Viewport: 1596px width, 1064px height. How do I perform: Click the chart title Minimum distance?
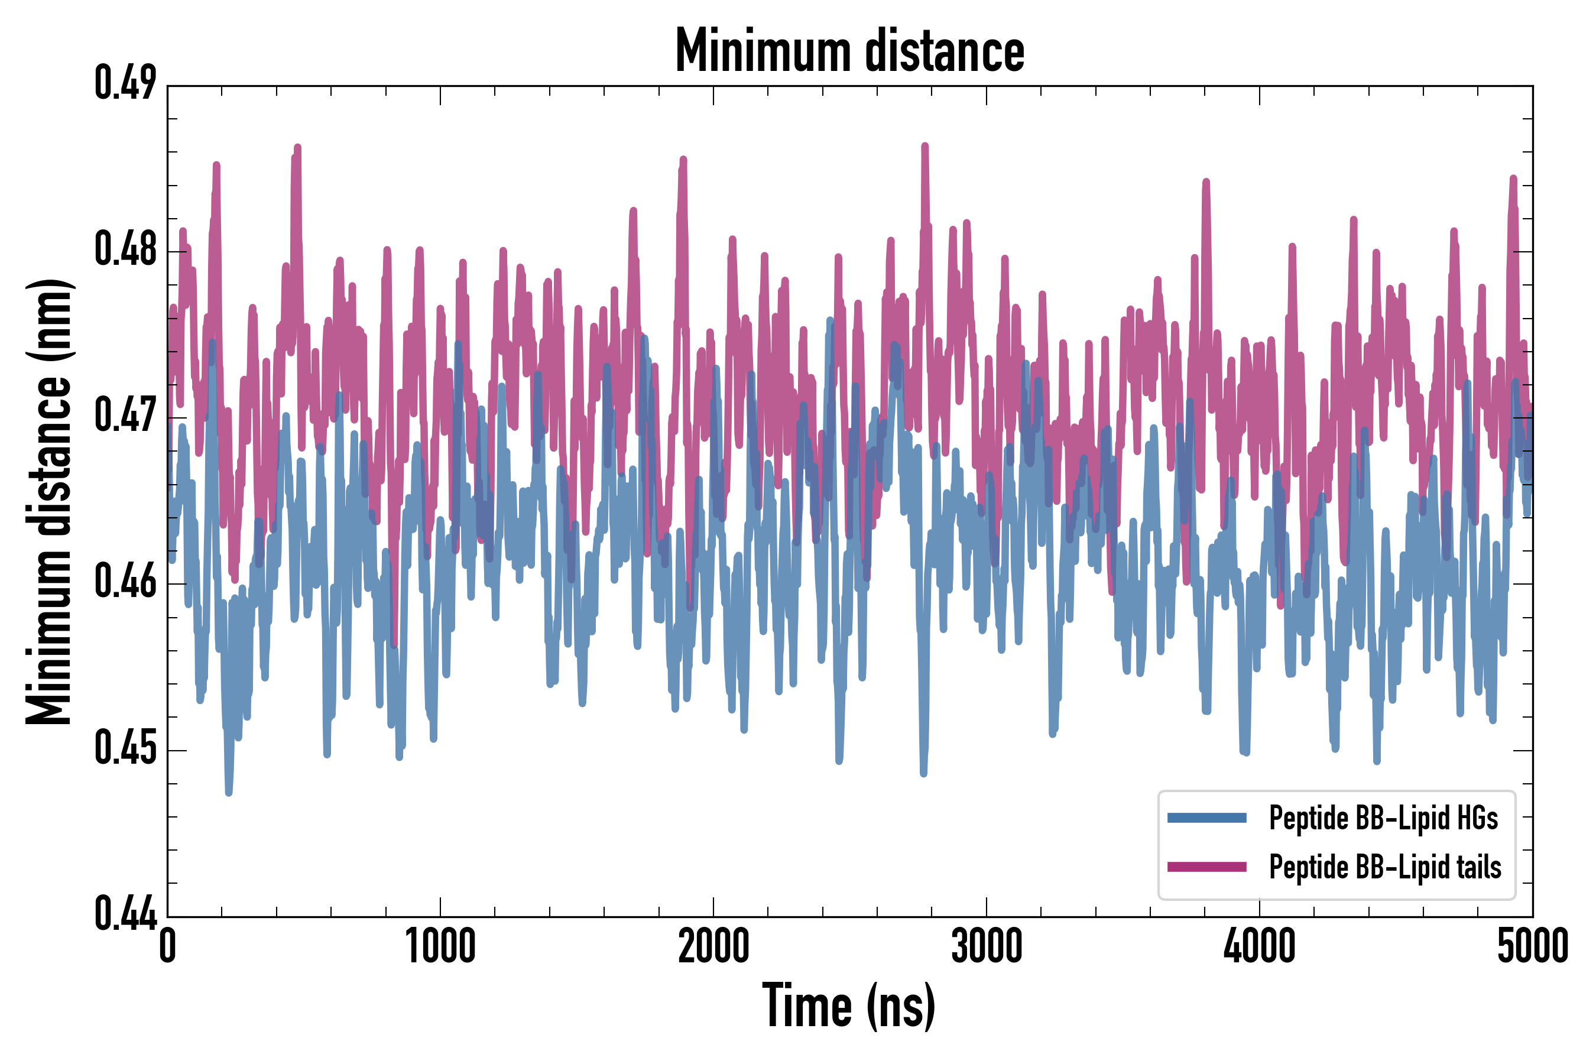[x=849, y=51]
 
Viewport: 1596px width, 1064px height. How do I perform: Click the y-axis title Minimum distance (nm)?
[x=49, y=501]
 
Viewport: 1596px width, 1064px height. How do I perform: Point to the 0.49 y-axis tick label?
[x=125, y=83]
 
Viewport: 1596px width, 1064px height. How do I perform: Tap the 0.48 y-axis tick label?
[x=125, y=249]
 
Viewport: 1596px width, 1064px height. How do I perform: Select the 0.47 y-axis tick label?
[x=125, y=416]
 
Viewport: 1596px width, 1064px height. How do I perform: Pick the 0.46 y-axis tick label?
[x=125, y=582]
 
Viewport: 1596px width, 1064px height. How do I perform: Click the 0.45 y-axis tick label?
[x=125, y=748]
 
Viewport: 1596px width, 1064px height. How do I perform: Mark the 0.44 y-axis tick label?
[x=125, y=914]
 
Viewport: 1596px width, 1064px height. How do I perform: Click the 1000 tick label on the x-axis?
[x=440, y=946]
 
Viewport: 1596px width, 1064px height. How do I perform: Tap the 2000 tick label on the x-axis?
[x=713, y=946]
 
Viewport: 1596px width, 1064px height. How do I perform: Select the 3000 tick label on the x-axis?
[x=987, y=946]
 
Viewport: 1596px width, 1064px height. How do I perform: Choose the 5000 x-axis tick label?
[x=1532, y=946]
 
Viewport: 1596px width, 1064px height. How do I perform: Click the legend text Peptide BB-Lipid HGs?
[x=1383, y=818]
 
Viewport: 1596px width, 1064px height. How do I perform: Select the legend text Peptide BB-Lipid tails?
[x=1385, y=867]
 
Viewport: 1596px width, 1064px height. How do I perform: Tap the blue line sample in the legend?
[x=1206, y=818]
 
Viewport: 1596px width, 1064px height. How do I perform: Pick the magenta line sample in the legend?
[x=1206, y=867]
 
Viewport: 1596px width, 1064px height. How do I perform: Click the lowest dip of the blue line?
[x=229, y=792]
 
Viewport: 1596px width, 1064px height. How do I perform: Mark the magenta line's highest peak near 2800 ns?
[x=925, y=146]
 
